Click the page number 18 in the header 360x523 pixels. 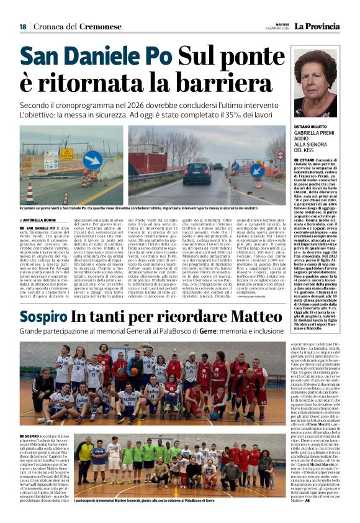[23, 26]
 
